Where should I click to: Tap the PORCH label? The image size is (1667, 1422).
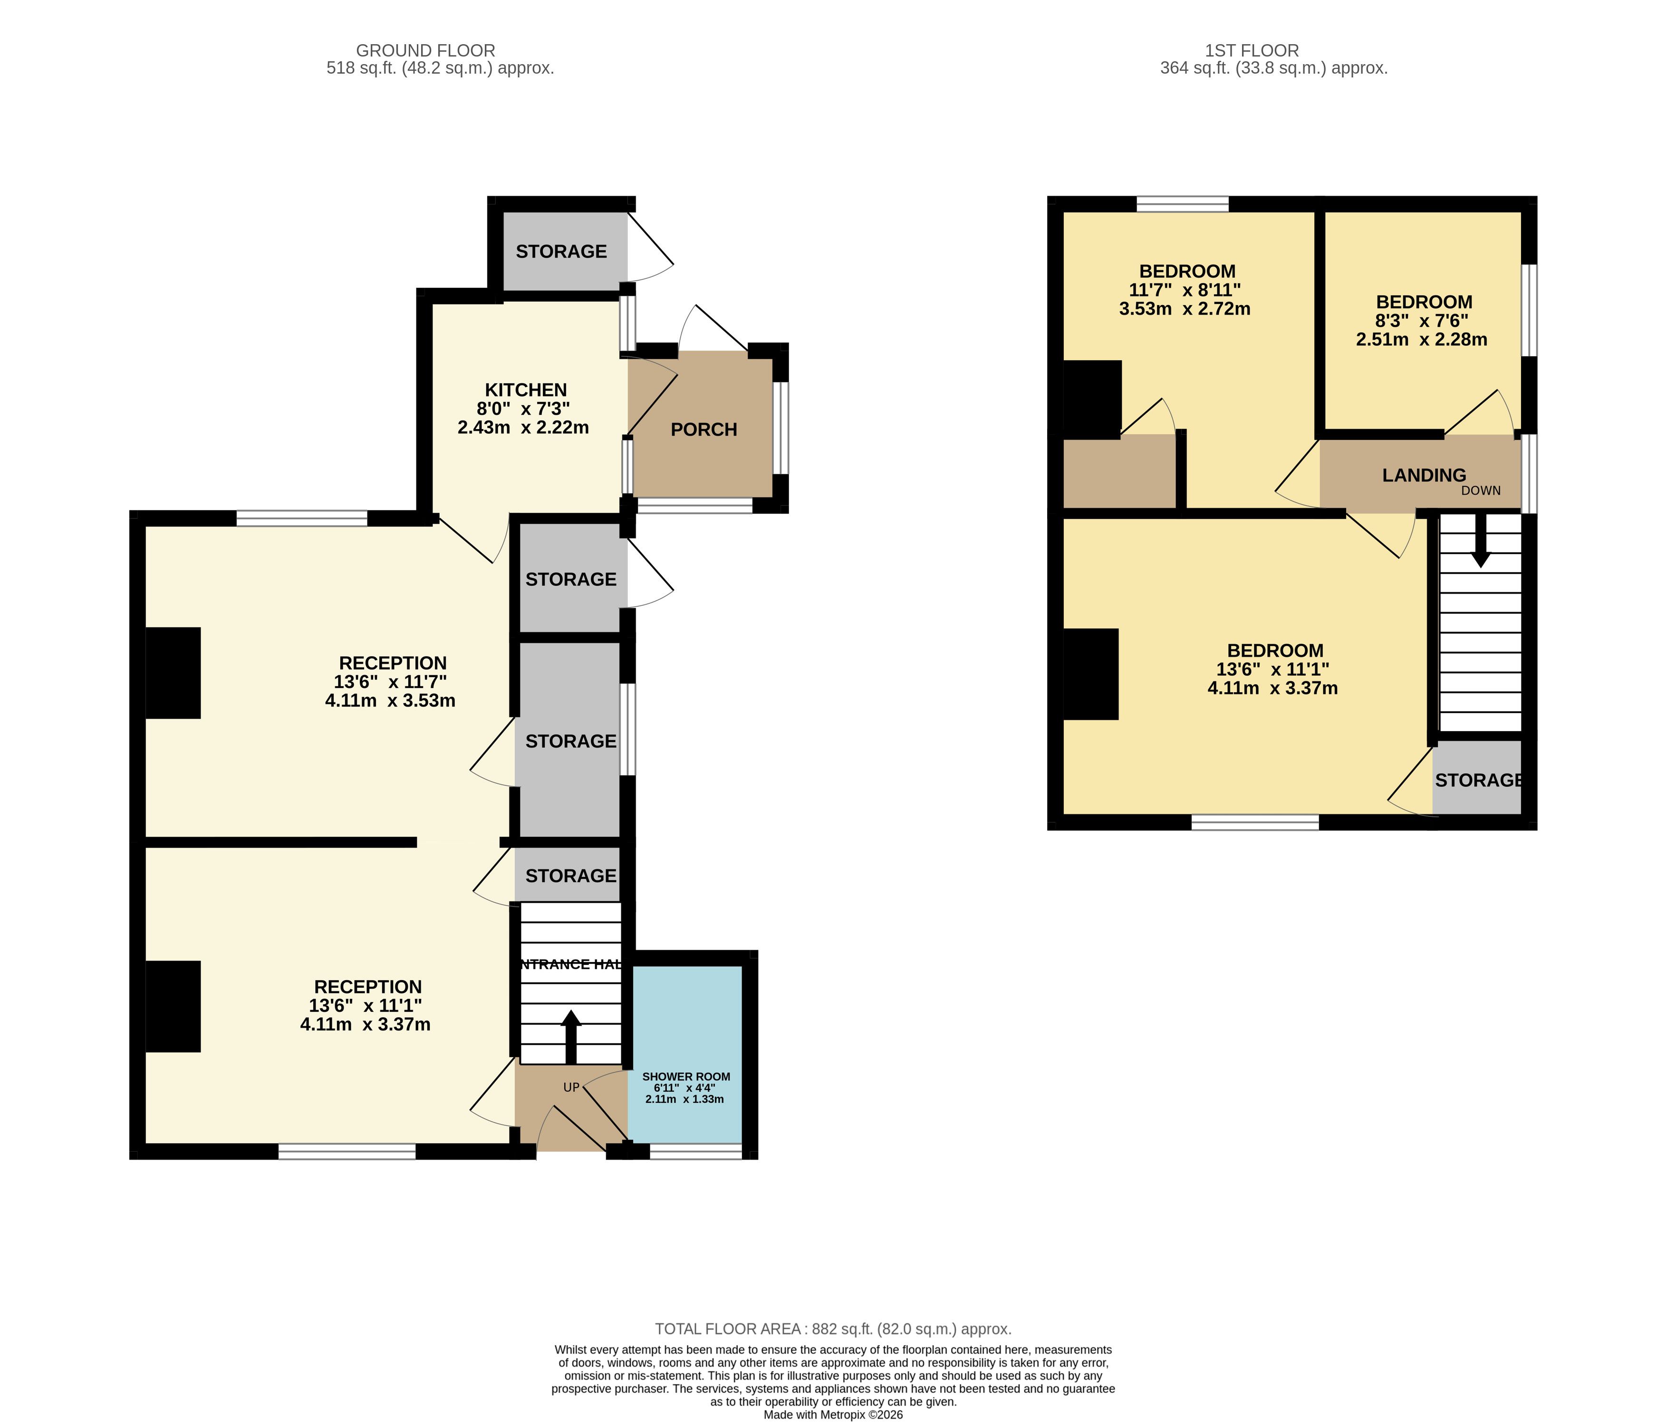(x=704, y=429)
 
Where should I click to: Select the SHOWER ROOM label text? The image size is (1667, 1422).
(x=686, y=1076)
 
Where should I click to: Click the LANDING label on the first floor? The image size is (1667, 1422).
(x=1424, y=475)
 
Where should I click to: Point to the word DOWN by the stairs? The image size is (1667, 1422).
(x=1481, y=491)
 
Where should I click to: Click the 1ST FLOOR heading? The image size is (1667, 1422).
(x=1252, y=51)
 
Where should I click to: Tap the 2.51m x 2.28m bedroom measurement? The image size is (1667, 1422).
(x=1422, y=339)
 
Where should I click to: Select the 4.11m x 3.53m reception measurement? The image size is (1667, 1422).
(x=390, y=700)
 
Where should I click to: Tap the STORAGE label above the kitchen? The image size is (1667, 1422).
(x=561, y=252)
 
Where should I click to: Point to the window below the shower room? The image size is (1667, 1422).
(x=696, y=1152)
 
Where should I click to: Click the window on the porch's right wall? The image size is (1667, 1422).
(x=781, y=428)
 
